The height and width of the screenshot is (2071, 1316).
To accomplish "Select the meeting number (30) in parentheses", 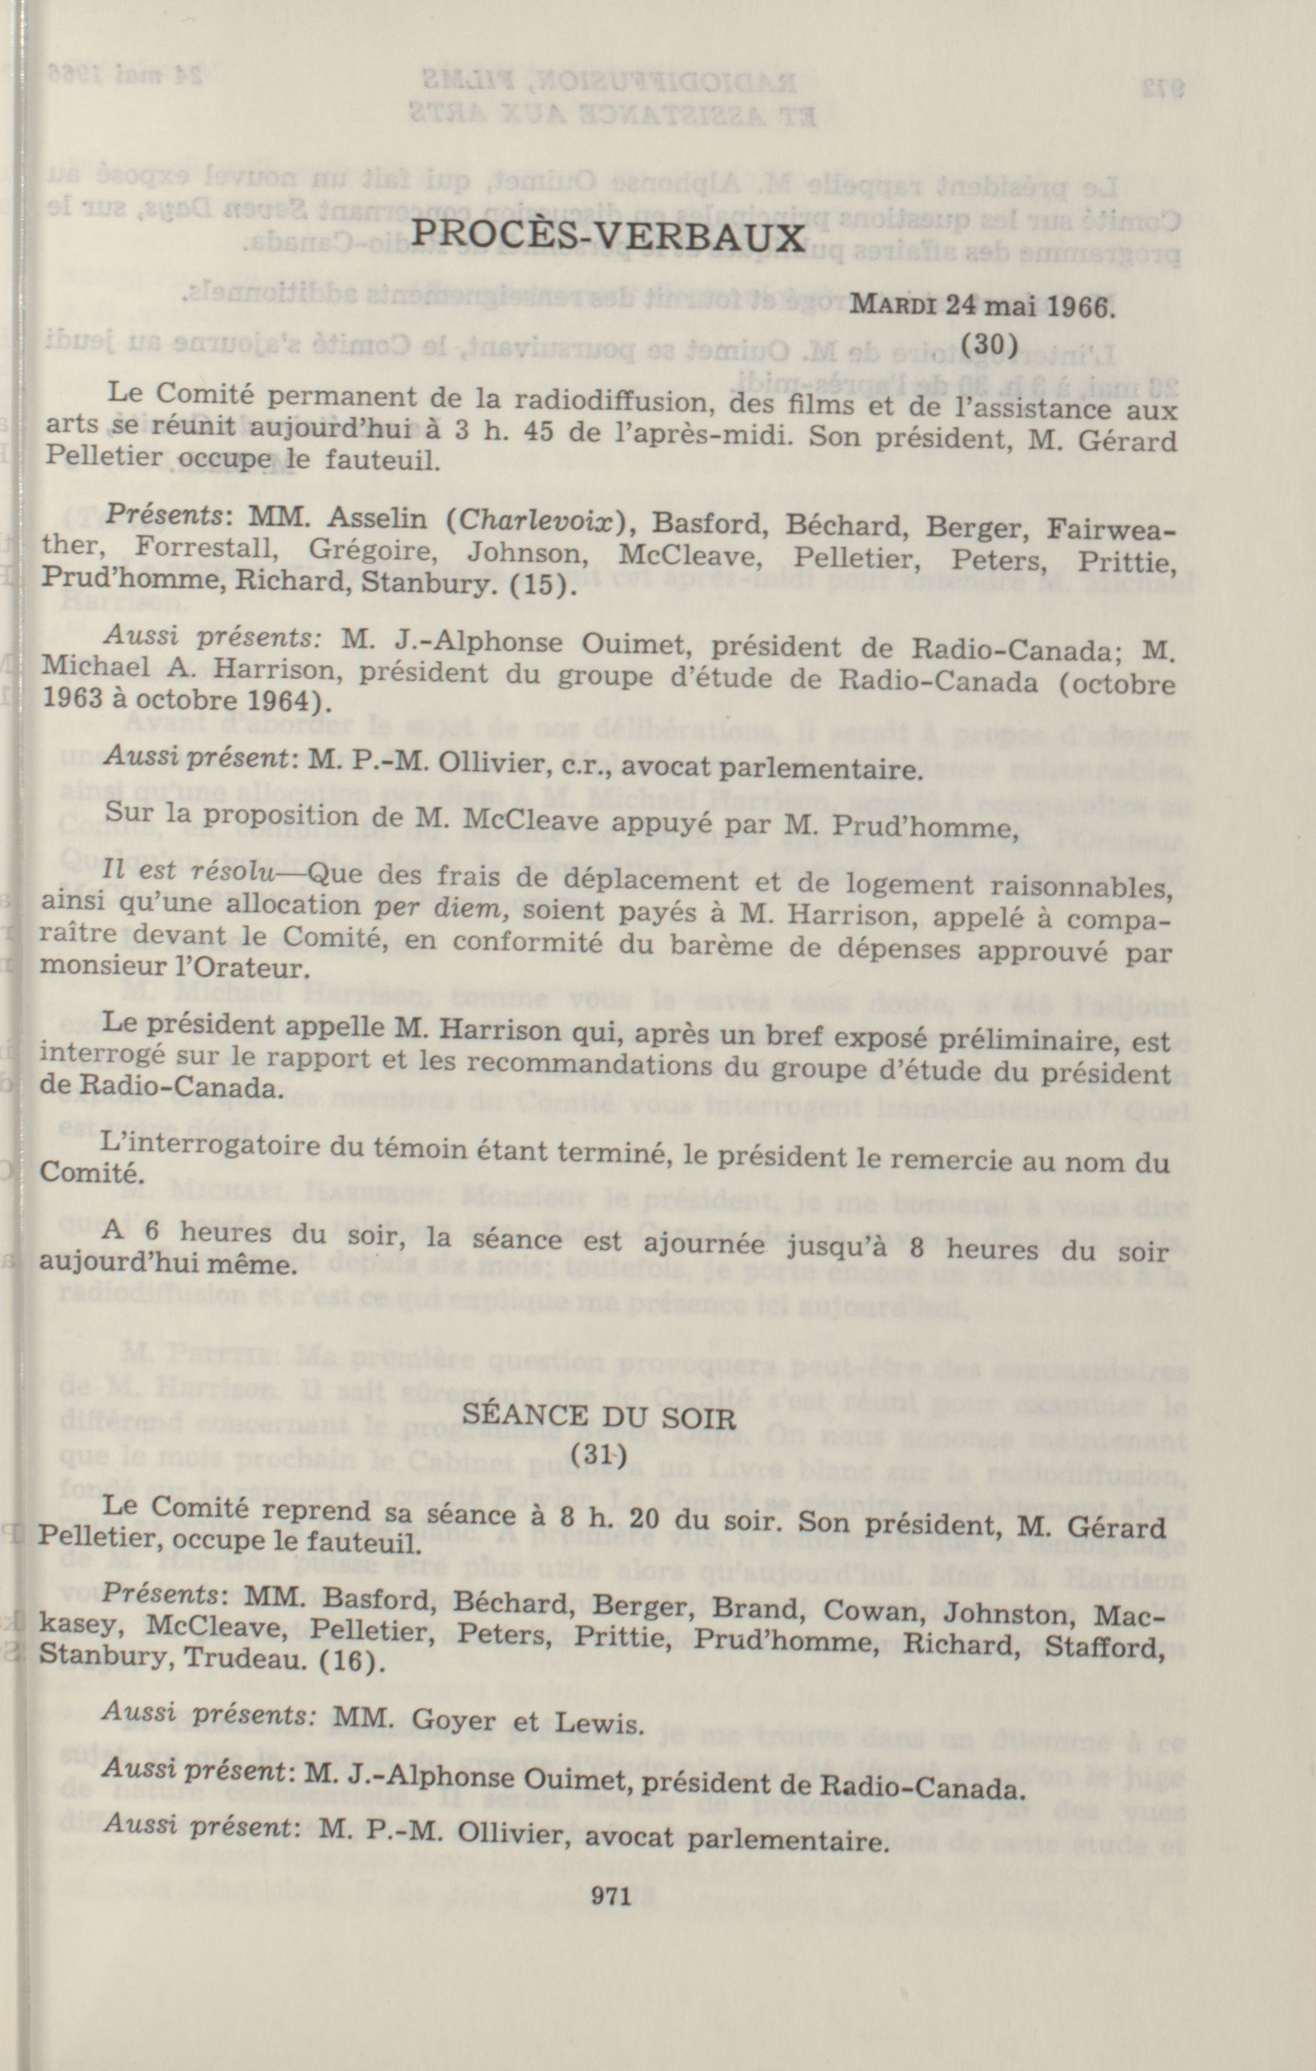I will [990, 344].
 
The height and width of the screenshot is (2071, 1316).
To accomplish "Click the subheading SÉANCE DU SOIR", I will [600, 1417].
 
